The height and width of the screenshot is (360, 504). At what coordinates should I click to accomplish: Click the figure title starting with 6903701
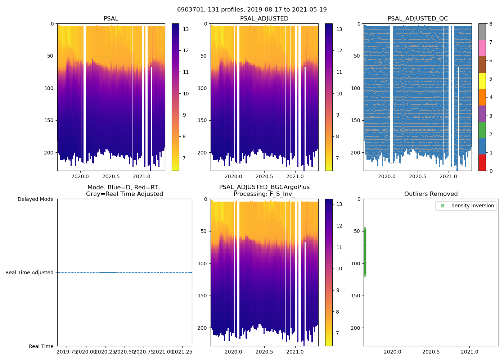(x=252, y=10)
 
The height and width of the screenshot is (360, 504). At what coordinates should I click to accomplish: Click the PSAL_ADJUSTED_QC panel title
(x=418, y=19)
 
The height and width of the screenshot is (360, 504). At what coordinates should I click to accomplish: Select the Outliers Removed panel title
(x=431, y=194)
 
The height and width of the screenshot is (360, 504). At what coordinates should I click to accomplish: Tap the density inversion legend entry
(x=472, y=206)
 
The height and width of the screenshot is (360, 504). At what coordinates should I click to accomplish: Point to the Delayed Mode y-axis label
(x=35, y=199)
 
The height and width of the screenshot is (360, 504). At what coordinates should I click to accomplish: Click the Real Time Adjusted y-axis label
(x=30, y=273)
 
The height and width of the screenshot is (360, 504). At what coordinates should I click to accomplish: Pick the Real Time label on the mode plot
(x=41, y=346)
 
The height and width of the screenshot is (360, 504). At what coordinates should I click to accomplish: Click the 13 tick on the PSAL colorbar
(x=186, y=29)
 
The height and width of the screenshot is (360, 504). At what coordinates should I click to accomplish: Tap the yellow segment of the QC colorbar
(x=482, y=81)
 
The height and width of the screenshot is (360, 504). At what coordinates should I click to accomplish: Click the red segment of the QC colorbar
(x=482, y=162)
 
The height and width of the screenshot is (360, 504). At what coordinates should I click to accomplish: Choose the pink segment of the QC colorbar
(x=482, y=48)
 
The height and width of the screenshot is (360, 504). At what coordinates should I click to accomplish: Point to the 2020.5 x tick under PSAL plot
(x=111, y=176)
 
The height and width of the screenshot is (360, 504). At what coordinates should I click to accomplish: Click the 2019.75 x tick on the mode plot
(x=67, y=352)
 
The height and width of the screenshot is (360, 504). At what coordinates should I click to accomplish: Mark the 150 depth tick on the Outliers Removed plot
(x=356, y=296)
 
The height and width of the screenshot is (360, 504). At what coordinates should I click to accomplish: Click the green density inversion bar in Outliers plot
(x=365, y=252)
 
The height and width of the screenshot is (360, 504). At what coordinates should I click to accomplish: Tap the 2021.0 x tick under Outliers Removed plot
(x=469, y=352)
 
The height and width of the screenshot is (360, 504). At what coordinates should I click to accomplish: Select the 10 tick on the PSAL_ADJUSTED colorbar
(x=339, y=94)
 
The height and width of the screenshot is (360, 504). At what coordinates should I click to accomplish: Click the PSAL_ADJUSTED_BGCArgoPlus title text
(x=264, y=187)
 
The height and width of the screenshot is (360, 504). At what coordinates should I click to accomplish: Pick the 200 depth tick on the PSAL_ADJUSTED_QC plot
(x=356, y=153)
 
